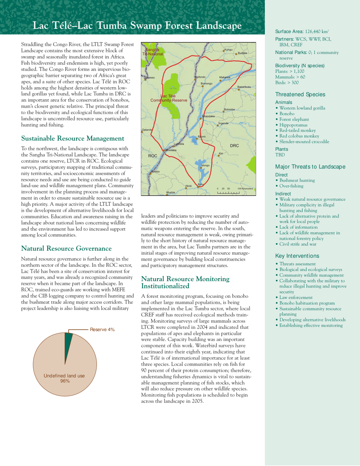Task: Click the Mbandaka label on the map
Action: (209, 116)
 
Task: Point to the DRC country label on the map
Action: (234, 145)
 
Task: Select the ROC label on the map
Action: (153, 156)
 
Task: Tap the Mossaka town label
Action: (169, 150)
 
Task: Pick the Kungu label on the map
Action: (228, 49)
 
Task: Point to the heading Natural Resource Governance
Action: (66, 249)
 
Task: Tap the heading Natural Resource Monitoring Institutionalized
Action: (185, 283)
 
